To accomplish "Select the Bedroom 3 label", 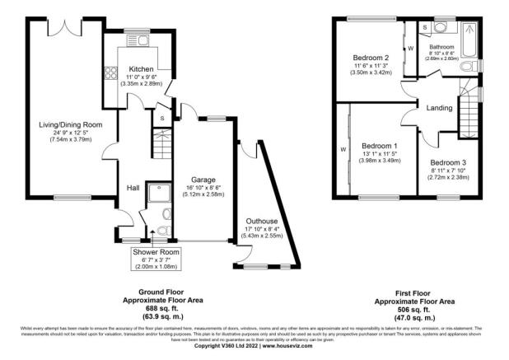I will pyautogui.click(x=448, y=162).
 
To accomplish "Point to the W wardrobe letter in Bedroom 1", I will pyautogui.click(x=343, y=150).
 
